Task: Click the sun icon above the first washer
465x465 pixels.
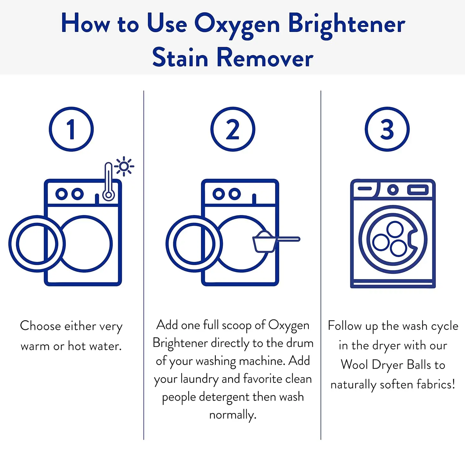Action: click(x=124, y=166)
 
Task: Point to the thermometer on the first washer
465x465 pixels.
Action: click(x=108, y=182)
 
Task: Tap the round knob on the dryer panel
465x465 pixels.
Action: click(x=393, y=189)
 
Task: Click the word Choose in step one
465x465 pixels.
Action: click(x=40, y=326)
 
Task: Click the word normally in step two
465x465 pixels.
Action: click(x=233, y=415)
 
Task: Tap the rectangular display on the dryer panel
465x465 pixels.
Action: click(x=418, y=189)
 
